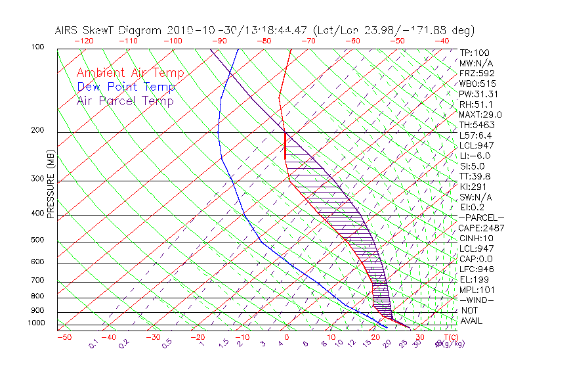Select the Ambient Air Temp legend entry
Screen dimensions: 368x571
point(130,73)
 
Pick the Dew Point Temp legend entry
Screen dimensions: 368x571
point(126,87)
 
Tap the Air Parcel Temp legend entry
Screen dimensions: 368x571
point(125,101)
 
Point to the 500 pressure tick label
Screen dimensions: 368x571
point(37,241)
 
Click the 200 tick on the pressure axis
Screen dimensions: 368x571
point(37,131)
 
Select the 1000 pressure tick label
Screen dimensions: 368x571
point(36,323)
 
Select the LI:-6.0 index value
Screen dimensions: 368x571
point(475,156)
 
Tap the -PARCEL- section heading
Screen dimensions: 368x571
point(482,218)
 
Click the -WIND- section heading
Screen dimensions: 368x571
point(477,300)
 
